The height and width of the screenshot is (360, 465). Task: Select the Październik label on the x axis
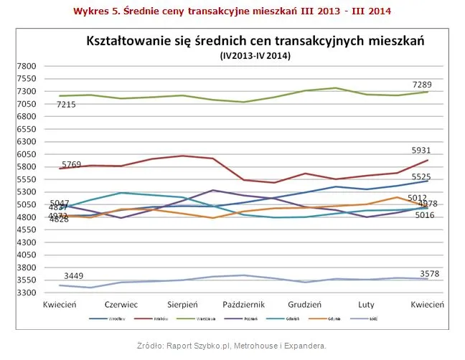tap(245, 304)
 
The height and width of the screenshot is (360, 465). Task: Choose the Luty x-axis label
tap(367, 304)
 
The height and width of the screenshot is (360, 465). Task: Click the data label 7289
tap(422, 85)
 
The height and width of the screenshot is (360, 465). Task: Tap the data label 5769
tap(72, 164)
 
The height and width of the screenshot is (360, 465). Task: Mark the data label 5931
tap(422, 150)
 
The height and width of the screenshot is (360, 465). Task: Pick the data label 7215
tap(66, 105)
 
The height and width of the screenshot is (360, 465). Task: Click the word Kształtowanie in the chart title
tap(128, 41)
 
